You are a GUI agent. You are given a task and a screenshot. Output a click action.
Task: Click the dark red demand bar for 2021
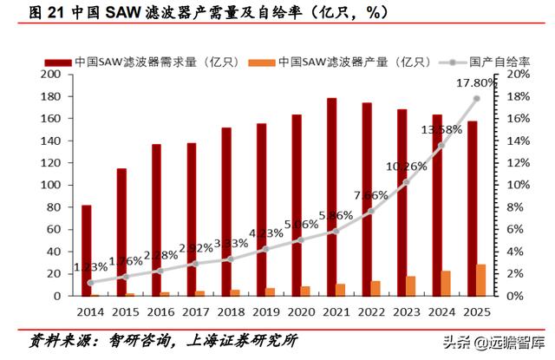pyautogui.click(x=331, y=197)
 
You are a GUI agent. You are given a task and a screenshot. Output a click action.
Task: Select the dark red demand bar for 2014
pyautogui.click(x=87, y=251)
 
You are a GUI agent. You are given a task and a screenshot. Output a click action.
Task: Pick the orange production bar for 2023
pyautogui.click(x=410, y=285)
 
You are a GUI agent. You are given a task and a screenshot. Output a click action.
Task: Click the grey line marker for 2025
pyautogui.click(x=476, y=99)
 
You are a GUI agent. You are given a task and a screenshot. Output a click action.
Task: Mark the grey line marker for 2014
pyautogui.click(x=91, y=282)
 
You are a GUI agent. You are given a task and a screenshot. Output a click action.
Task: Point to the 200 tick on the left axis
pyautogui.click(x=50, y=75)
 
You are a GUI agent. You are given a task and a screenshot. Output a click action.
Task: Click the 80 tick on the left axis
pyautogui.click(x=54, y=207)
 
